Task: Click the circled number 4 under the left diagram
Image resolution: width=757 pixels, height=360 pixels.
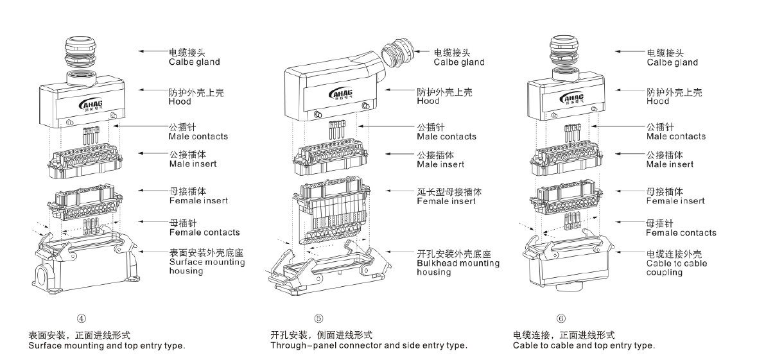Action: tap(82, 318)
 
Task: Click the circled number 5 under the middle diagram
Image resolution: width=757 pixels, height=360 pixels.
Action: tap(319, 318)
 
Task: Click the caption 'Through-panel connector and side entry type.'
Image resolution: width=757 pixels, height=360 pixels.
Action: tap(369, 345)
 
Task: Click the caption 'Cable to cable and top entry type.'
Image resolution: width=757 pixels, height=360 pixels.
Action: tap(584, 345)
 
